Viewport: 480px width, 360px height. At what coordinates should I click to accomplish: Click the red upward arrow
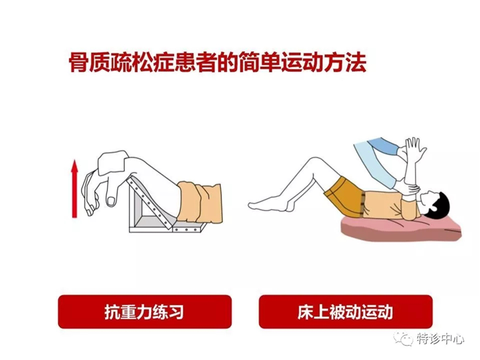(75, 189)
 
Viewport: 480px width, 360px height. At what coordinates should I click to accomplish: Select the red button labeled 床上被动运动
(345, 311)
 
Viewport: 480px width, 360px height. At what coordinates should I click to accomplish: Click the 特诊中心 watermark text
(441, 338)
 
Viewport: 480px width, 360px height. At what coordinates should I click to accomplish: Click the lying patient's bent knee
(313, 163)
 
